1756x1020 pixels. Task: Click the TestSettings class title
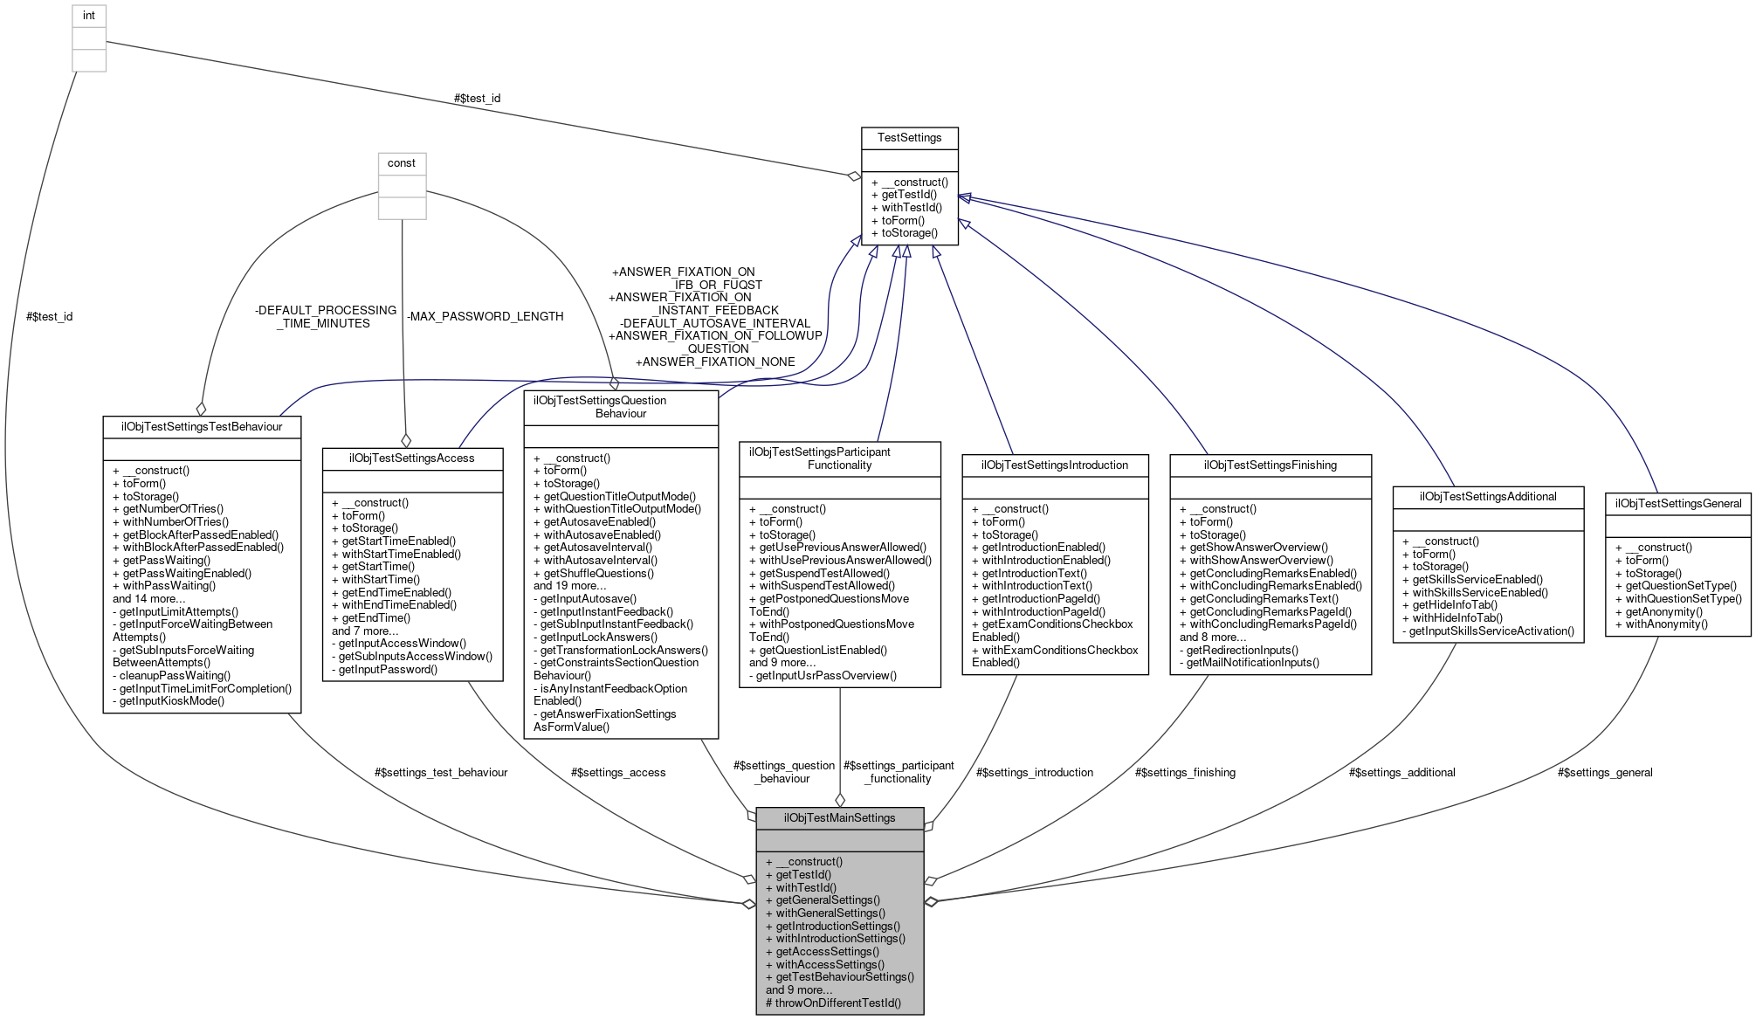coord(909,138)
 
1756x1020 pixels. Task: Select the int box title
coord(88,16)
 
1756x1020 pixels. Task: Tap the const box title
coord(402,163)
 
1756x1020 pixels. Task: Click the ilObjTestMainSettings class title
coord(839,818)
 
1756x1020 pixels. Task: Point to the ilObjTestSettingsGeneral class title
coord(1677,504)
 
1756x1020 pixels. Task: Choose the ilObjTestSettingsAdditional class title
coord(1487,497)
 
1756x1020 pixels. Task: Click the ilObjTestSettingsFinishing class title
coord(1270,465)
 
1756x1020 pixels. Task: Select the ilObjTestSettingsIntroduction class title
coord(1054,465)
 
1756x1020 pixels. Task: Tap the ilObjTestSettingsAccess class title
coord(412,458)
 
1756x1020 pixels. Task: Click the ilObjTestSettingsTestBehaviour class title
coord(202,427)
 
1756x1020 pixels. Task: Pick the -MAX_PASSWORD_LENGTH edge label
coord(485,317)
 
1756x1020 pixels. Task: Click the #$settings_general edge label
coord(1605,773)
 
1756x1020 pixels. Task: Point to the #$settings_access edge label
coord(618,773)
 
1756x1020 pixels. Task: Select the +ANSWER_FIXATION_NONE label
coord(715,362)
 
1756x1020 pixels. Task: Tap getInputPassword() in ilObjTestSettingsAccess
coord(388,670)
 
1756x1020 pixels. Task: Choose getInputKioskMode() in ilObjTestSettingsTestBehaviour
coord(171,701)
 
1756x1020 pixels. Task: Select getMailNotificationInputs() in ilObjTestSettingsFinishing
coord(1252,663)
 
